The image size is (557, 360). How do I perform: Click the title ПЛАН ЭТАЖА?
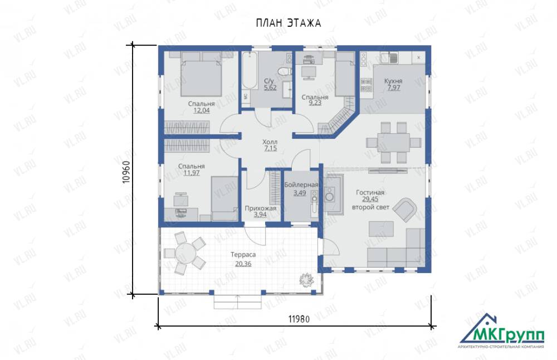(x=289, y=23)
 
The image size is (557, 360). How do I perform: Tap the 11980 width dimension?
(x=299, y=319)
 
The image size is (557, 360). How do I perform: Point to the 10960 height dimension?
(x=127, y=172)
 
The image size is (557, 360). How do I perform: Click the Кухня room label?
(x=393, y=81)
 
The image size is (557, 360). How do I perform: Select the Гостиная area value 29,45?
(x=370, y=200)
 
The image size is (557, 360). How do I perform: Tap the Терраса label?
(x=243, y=255)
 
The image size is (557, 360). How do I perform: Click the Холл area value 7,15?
(x=270, y=149)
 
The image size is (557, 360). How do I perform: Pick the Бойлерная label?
(x=301, y=185)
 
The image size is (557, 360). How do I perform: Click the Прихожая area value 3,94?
(x=260, y=215)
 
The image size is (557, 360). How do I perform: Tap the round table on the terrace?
(x=185, y=253)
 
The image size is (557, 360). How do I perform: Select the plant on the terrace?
(x=306, y=280)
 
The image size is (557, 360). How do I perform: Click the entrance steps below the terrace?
(x=238, y=302)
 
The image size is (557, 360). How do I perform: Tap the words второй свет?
(x=370, y=207)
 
